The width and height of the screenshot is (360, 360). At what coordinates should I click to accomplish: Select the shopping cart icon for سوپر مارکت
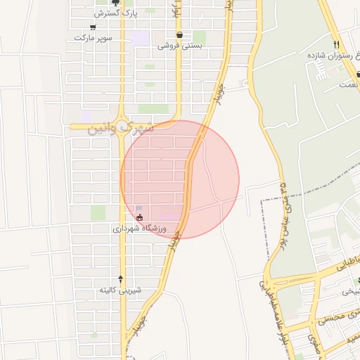coord(92,27)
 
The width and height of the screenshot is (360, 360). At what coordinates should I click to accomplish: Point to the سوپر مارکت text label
coord(89,37)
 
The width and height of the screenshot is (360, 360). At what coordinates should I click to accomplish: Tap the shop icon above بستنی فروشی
coord(180,34)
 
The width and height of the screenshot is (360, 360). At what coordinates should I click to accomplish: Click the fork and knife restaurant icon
coord(337,44)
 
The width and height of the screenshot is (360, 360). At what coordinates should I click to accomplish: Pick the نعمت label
coord(348,84)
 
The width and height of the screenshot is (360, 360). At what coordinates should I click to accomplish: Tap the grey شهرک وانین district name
coord(120,129)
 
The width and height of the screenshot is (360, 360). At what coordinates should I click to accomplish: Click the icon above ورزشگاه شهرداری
coord(128,218)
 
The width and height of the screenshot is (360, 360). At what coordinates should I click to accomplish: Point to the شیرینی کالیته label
coord(120,290)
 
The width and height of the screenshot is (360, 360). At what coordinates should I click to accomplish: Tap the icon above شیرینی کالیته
coord(120,279)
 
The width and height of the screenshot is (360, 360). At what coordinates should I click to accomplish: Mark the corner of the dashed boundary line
coord(262,200)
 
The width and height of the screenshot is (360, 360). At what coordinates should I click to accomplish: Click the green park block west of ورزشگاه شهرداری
coord(98,212)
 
